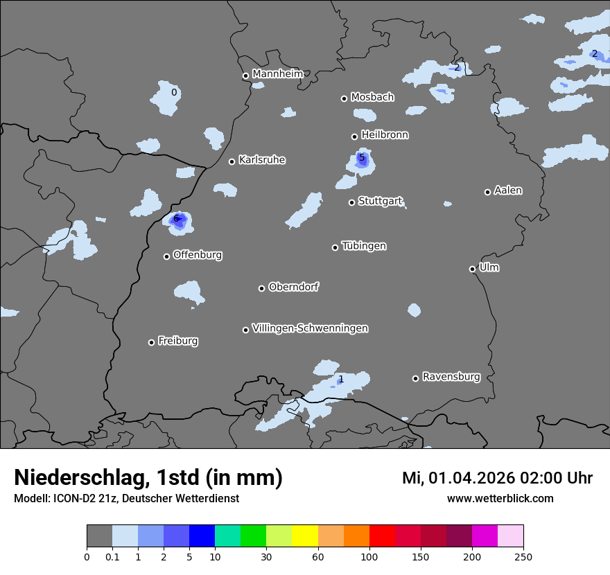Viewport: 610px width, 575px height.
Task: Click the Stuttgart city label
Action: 380,202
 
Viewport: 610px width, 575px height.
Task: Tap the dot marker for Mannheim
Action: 245,76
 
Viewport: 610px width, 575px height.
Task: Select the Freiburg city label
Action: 177,341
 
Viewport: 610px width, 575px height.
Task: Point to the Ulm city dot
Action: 472,269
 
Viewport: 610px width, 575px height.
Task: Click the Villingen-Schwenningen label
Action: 310,328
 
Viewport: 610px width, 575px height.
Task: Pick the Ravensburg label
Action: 451,377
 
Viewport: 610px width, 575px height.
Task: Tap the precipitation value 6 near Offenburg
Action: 176,219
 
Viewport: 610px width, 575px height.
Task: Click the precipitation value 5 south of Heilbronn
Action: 361,158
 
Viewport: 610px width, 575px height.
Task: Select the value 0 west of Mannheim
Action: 174,92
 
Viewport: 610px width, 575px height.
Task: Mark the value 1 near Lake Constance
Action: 340,380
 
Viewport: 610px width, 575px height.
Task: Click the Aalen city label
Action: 508,191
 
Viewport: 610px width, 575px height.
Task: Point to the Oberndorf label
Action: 293,287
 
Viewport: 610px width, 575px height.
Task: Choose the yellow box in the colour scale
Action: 305,536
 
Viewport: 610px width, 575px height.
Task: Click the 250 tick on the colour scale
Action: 523,556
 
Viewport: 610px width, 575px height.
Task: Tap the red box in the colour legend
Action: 382,536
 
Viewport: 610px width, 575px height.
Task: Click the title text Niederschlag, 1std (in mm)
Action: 148,477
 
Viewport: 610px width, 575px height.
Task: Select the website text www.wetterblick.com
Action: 500,499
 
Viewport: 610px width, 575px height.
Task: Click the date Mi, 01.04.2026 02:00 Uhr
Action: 497,478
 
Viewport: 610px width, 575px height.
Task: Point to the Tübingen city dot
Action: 335,247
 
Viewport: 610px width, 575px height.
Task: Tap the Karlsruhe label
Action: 261,160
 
